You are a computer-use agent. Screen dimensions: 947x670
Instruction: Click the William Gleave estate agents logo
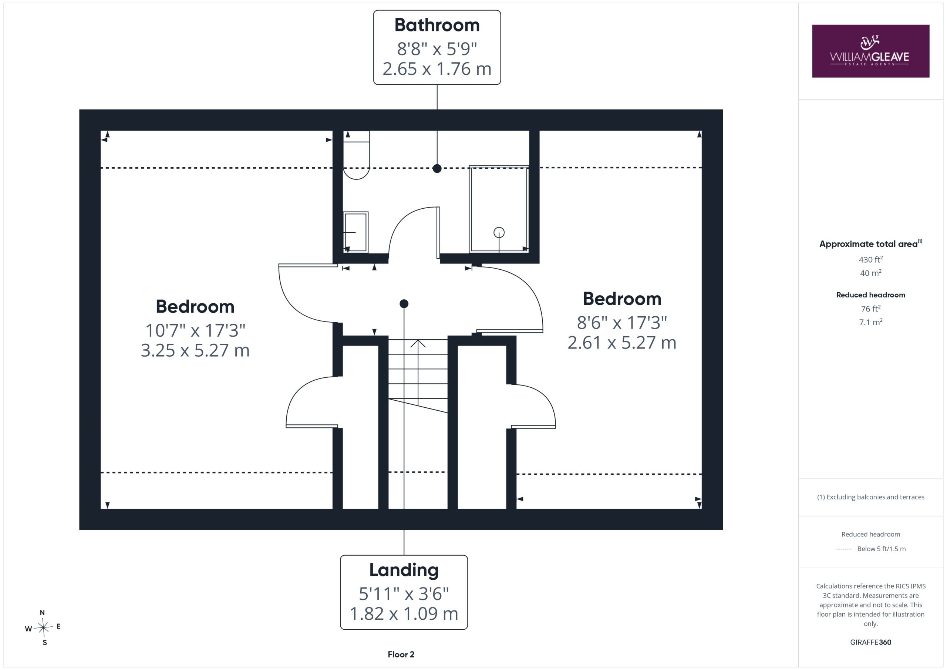870,51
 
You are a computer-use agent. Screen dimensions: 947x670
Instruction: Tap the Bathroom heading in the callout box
437,25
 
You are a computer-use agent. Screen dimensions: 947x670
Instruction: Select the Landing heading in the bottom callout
404,570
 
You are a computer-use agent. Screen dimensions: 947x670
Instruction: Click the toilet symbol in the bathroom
356,155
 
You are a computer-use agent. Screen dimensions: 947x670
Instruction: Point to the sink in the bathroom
355,232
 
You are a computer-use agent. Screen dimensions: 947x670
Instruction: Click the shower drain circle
499,233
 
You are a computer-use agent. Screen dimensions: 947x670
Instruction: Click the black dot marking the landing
404,304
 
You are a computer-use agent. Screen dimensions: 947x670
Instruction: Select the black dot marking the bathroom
437,168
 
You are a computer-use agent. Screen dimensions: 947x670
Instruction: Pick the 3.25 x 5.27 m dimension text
195,351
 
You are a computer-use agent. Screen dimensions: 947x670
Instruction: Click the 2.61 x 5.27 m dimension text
622,343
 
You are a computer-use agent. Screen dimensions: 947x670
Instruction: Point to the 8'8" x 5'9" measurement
437,49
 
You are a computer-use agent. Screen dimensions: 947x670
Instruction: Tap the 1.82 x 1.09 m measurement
404,614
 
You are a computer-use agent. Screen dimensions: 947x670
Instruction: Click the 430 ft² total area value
871,259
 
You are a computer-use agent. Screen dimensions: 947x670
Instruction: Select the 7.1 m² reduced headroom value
871,322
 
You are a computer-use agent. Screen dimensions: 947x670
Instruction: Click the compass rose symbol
43,628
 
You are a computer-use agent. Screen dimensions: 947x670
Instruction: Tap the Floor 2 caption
401,654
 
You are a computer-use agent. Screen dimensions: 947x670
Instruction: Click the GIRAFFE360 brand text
871,642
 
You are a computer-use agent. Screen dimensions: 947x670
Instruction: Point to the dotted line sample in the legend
843,549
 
